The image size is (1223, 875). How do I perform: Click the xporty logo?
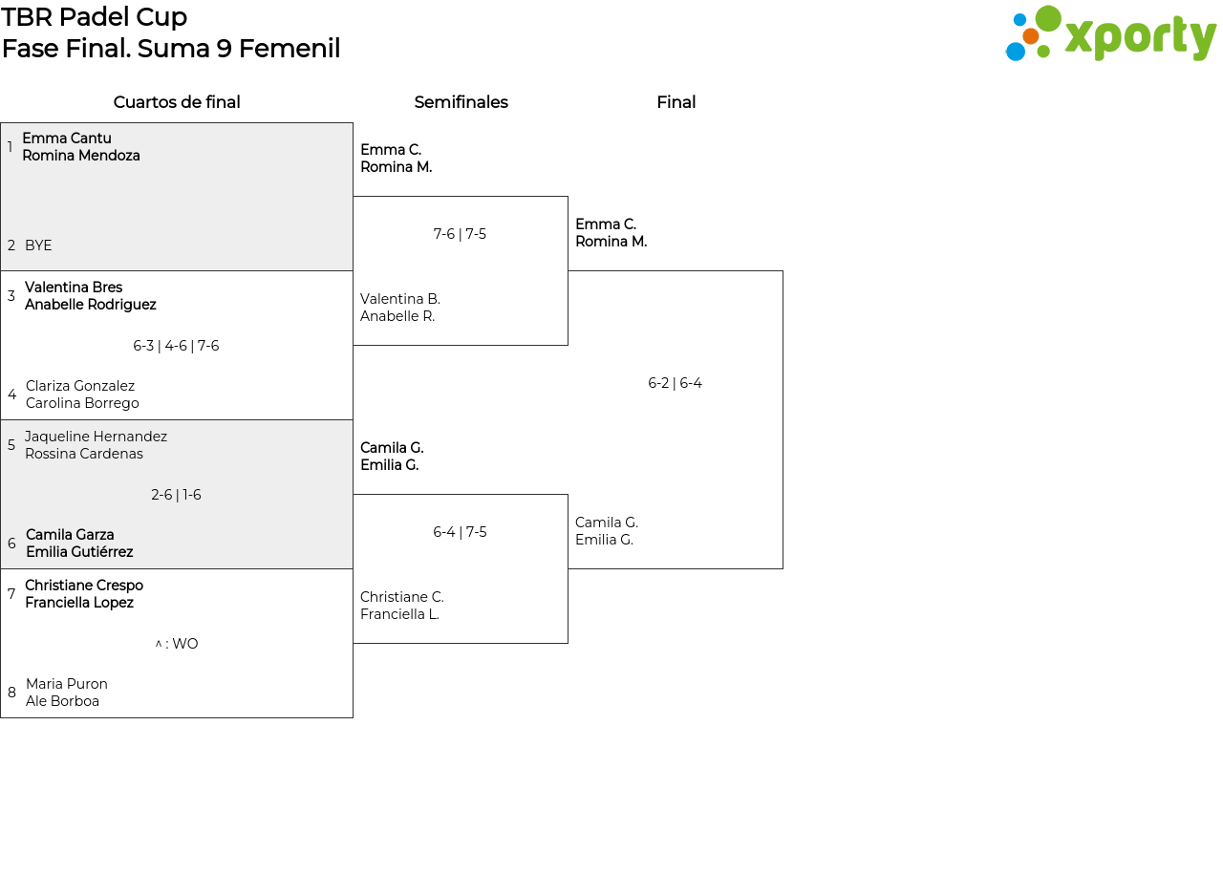[x=1110, y=33]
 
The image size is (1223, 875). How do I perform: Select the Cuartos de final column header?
[x=177, y=102]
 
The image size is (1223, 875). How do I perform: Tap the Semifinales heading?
[x=461, y=102]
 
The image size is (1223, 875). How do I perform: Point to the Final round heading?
[x=676, y=102]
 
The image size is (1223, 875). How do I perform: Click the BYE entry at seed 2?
[x=38, y=245]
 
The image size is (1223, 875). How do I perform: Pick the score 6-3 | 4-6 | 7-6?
[x=176, y=346]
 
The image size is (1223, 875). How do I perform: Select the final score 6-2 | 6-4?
[x=675, y=383]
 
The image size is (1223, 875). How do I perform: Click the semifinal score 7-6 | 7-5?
[x=460, y=234]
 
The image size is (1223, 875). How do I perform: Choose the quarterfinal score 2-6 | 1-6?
[x=176, y=495]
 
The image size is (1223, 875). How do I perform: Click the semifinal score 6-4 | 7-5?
[x=460, y=532]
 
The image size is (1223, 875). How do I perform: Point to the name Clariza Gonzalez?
[x=79, y=385]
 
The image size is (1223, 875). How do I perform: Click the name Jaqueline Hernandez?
[x=96, y=437]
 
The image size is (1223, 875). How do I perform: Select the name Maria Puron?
[x=67, y=683]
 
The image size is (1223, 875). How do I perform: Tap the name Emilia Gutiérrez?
[x=79, y=552]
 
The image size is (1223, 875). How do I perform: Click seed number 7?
[x=11, y=593]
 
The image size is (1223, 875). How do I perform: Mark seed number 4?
[x=12, y=395]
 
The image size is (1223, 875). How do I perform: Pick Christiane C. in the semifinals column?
[x=402, y=597]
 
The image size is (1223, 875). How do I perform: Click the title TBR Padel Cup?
[x=94, y=17]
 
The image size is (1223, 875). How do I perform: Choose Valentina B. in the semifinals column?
[x=400, y=299]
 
